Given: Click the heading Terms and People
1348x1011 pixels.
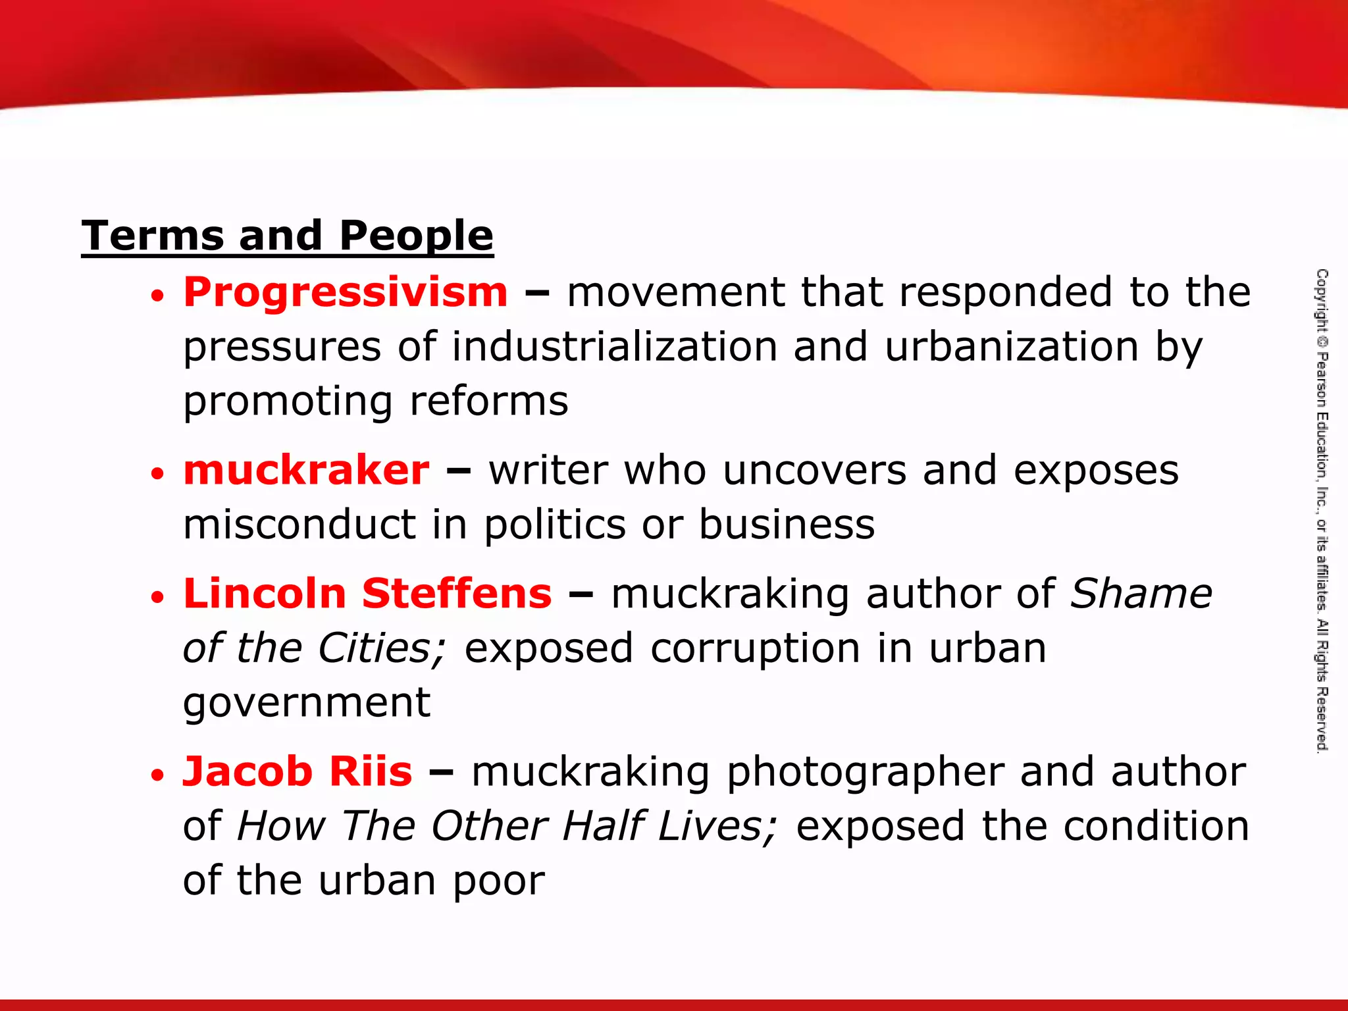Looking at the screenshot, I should tap(287, 236).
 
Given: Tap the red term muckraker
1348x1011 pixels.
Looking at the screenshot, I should tap(306, 470).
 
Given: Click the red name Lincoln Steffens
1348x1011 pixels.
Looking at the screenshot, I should tap(367, 593).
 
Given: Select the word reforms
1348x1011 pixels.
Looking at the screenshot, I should tap(488, 401).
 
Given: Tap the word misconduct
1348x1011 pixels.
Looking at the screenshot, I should tap(299, 525).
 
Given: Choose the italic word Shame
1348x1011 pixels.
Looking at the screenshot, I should tap(1141, 593).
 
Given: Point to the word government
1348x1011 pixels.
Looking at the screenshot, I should tap(307, 703).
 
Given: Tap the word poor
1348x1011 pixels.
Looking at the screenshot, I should tap(498, 881).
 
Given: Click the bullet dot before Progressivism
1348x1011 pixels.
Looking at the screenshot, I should tap(157, 296).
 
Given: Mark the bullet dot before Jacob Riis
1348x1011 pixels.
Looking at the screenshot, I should tap(157, 775).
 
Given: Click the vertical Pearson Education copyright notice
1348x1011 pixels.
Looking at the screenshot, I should tap(1322, 510).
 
